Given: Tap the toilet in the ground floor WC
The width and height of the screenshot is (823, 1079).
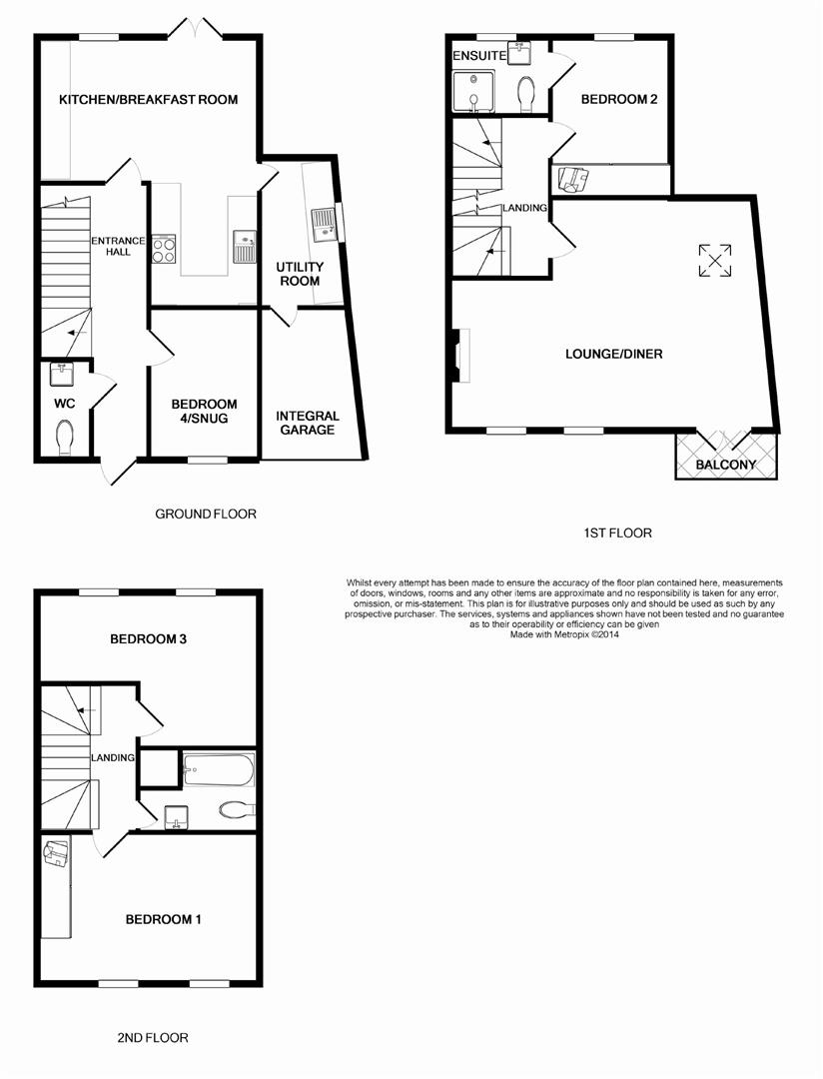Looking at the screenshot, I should (x=66, y=437).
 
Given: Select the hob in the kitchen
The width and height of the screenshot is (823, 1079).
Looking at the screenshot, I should (x=164, y=249).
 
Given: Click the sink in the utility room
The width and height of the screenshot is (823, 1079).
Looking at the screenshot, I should (x=323, y=224).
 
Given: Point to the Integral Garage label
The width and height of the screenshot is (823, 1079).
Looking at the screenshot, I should (x=308, y=423).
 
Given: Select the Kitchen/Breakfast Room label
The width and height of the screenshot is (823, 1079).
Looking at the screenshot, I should (x=148, y=100).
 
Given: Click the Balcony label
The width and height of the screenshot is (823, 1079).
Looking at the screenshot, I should (x=725, y=466).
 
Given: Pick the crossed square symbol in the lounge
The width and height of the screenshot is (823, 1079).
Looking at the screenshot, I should (x=714, y=261).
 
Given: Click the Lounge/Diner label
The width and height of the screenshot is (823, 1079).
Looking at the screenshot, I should (x=613, y=354).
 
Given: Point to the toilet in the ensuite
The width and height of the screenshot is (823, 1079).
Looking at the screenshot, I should (x=526, y=93).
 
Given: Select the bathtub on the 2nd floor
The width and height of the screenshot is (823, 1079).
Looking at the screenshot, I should (x=219, y=770).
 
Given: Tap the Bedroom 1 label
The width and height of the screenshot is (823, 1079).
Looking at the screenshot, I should (x=163, y=919).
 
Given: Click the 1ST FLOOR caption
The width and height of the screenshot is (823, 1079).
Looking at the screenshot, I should (x=617, y=534).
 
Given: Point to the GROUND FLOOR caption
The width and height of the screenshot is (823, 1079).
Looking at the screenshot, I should (x=206, y=515).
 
